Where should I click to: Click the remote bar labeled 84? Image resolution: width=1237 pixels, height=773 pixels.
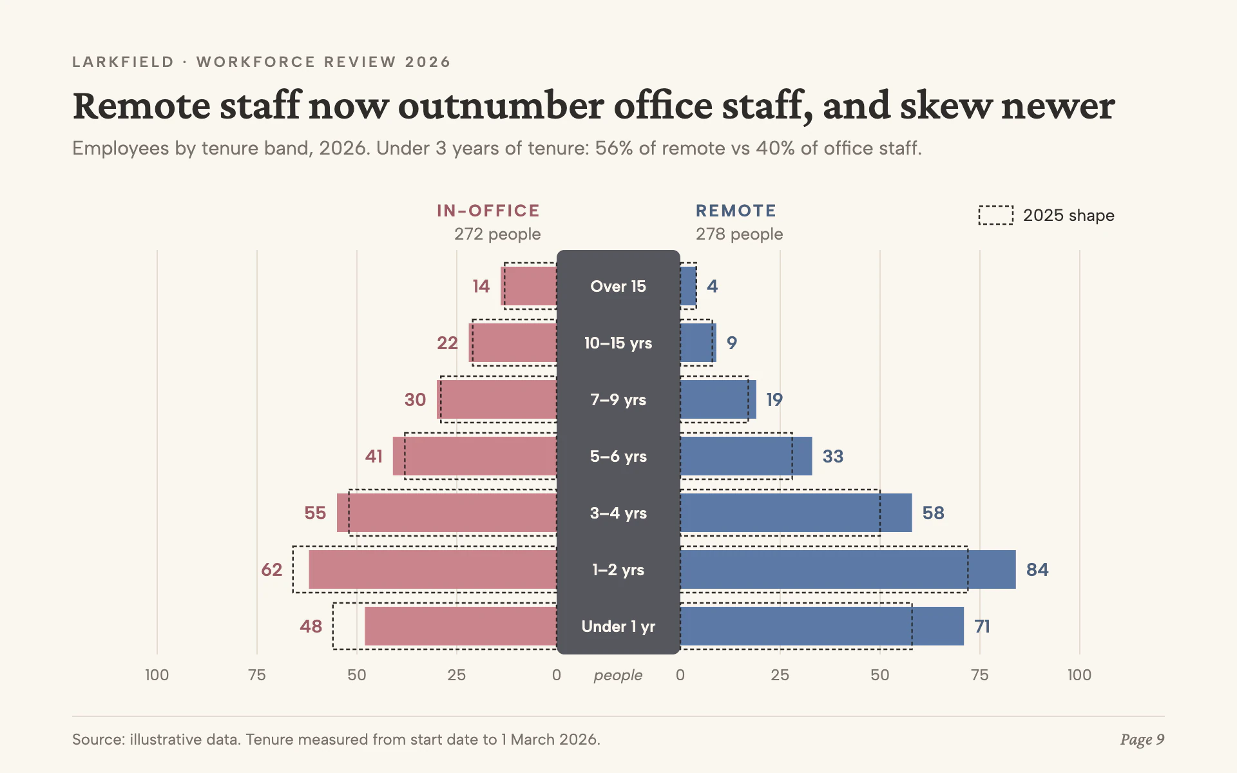(848, 569)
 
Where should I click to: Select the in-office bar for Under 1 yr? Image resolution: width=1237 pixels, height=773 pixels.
(461, 626)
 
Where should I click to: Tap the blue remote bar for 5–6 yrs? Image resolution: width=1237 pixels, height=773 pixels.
(746, 456)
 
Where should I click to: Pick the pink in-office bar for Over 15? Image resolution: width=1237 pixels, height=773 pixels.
(529, 286)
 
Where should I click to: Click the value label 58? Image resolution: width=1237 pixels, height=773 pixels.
(933, 513)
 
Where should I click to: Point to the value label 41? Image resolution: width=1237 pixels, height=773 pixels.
(374, 456)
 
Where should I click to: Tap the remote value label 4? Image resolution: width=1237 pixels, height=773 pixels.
(712, 286)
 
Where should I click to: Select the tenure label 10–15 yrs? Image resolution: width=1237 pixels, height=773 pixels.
(618, 343)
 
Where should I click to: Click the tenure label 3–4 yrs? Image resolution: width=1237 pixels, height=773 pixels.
(618, 513)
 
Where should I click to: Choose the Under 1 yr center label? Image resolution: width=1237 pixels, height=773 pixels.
(618, 626)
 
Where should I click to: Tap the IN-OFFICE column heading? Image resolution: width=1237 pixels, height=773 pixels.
(488, 211)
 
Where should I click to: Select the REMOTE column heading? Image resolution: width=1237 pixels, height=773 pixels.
(736, 211)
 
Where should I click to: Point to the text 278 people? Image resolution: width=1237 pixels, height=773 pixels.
(739, 234)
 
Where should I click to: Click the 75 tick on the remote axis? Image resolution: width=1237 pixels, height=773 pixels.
(979, 675)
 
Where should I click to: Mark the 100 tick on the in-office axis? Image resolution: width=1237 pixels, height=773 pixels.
(157, 675)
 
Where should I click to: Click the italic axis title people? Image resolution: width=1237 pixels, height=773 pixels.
(618, 675)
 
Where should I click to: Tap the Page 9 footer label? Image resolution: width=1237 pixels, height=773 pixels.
(1142, 740)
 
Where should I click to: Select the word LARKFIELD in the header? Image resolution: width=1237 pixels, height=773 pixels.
(123, 62)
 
